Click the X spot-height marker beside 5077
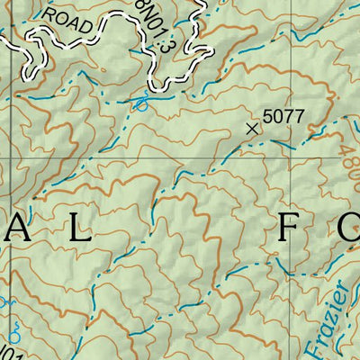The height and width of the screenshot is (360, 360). point(252,129)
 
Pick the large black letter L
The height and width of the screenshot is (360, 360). point(80,230)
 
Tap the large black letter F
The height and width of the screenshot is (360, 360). point(288,230)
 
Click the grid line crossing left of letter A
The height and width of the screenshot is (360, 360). point(11,161)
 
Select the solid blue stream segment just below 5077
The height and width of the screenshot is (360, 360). point(281,142)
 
